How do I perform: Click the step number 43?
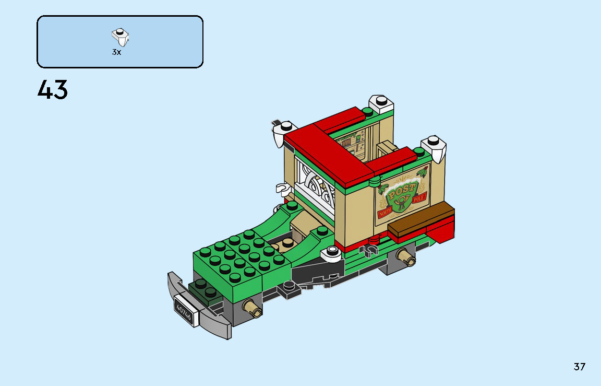pos(53,90)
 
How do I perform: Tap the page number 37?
pos(579,367)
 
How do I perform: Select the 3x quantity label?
pos(116,52)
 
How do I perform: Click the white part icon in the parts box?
pos(121,37)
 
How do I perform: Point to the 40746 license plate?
pos(184,311)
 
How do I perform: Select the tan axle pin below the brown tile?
pos(405,256)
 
